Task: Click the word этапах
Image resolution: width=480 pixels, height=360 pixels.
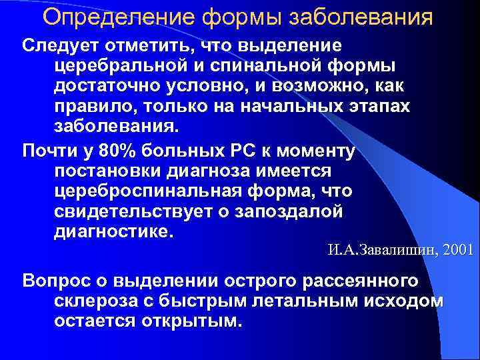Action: tap(369, 108)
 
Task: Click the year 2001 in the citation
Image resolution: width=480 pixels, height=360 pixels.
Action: tap(457, 251)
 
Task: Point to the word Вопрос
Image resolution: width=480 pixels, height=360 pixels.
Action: tap(53, 280)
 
